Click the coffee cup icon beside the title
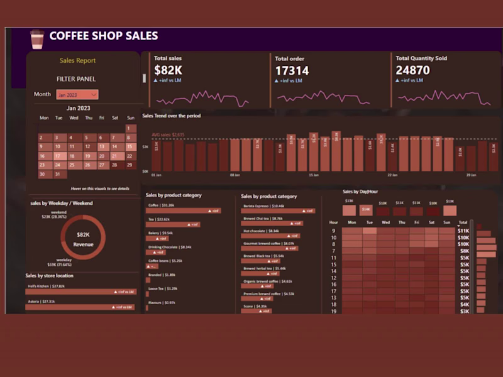(x=37, y=38)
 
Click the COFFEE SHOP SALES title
(x=104, y=36)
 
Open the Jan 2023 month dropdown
(x=77, y=94)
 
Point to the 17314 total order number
(x=292, y=70)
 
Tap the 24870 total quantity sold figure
(x=413, y=70)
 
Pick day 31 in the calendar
(x=57, y=174)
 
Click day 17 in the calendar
(x=57, y=156)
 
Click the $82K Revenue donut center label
(x=83, y=238)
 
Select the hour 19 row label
(x=333, y=311)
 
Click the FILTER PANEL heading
(x=77, y=79)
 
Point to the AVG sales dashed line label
(x=168, y=134)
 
